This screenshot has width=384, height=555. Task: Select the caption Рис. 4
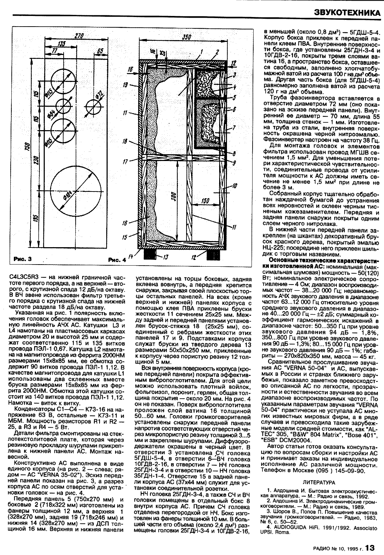point(118,260)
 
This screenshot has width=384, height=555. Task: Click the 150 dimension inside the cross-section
point(205,201)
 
